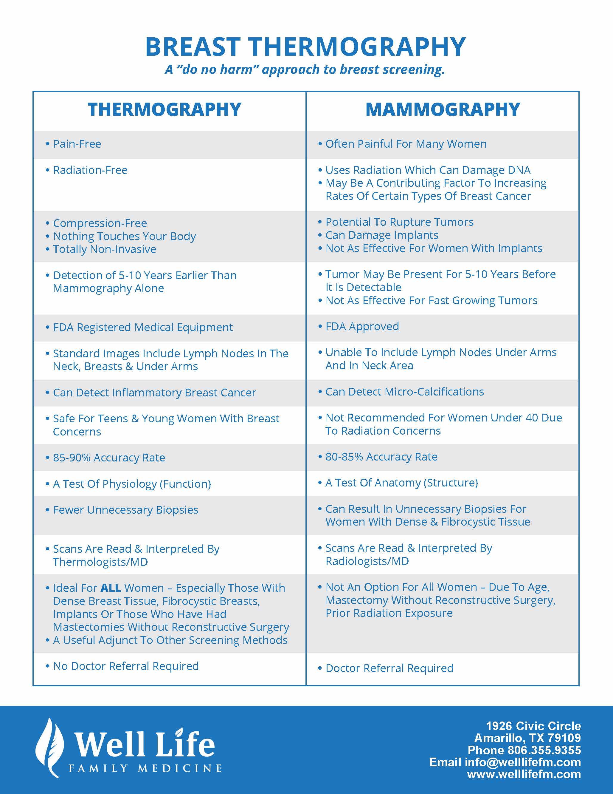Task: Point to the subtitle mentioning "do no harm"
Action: pyautogui.click(x=305, y=69)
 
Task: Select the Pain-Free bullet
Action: pyautogui.click(x=77, y=144)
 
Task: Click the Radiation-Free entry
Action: pyautogui.click(x=90, y=170)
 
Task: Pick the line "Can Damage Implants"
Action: pyautogui.click(x=382, y=235)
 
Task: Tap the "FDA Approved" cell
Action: pyautogui.click(x=362, y=327)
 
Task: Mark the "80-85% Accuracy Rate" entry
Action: pyautogui.click(x=381, y=457)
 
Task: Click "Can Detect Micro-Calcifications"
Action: pyautogui.click(x=405, y=392)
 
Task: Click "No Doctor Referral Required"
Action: pyautogui.click(x=126, y=666)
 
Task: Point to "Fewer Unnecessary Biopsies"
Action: pyautogui.click(x=126, y=510)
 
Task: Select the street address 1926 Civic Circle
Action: pyautogui.click(x=533, y=726)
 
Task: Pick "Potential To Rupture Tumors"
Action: pyautogui.click(x=399, y=222)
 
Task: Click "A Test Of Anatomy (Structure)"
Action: pyautogui.click(x=402, y=483)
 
